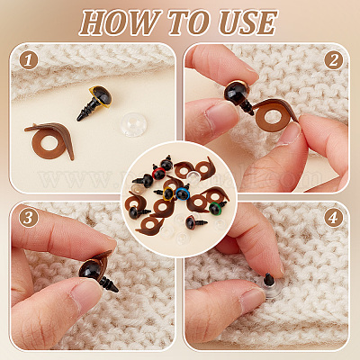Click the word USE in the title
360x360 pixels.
[x=248, y=22]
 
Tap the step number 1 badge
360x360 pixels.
[x=29, y=60]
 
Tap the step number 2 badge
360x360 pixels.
[x=333, y=60]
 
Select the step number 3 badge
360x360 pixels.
[x=29, y=218]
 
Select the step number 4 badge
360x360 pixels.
[x=333, y=218]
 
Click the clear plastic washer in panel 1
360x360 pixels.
[x=134, y=124]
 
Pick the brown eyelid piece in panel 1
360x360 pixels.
[x=49, y=139]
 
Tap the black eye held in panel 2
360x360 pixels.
[x=237, y=92]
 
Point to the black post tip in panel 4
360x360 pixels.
[x=269, y=279]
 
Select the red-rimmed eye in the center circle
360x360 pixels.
[x=159, y=174]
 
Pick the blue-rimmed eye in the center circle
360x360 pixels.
[x=182, y=193]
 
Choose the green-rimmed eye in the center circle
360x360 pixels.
[x=214, y=209]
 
